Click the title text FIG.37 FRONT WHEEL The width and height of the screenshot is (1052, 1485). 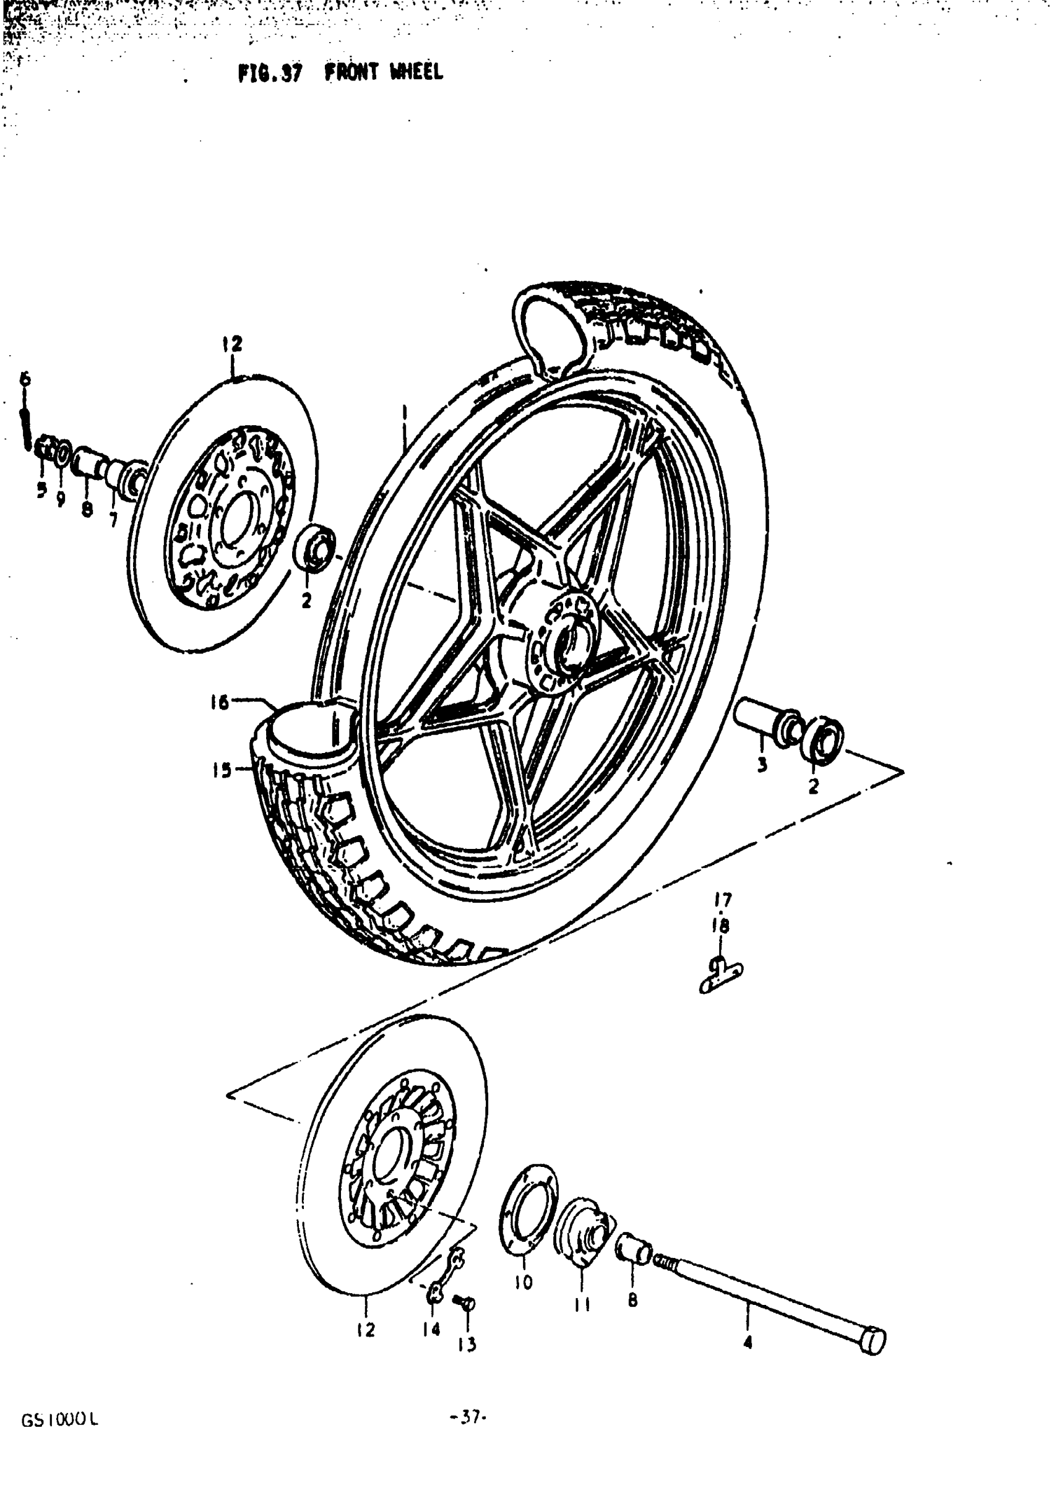point(341,72)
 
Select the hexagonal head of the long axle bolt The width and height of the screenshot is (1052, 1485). point(874,1340)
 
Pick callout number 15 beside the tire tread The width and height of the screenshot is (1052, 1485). point(222,770)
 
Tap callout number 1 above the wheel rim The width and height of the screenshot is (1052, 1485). point(403,413)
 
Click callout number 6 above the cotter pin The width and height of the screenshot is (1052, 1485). point(25,378)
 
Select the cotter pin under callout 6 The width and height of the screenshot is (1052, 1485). point(26,429)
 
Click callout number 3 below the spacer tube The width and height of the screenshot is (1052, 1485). point(762,764)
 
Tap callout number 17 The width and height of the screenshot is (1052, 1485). point(722,900)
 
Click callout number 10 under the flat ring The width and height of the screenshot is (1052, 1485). point(524,1281)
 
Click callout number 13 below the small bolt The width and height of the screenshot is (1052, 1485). point(467,1345)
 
